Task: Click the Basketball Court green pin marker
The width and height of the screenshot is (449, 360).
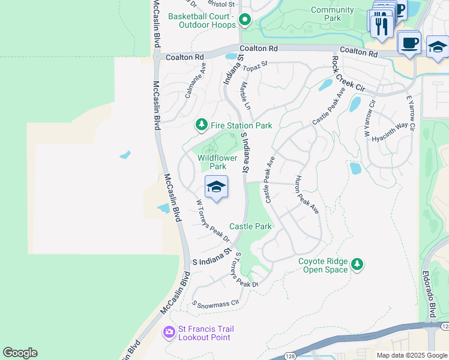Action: coord(245,20)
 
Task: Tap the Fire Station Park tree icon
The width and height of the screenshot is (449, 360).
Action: coord(202,125)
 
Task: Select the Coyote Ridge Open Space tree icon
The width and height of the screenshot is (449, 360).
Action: coord(357,264)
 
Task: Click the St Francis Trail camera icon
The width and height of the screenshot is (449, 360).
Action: coord(169,332)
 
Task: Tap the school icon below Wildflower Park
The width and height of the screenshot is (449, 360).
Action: coord(216,188)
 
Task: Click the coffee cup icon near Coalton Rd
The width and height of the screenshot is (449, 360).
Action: coord(409,43)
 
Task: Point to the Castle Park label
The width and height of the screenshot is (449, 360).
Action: coord(251,226)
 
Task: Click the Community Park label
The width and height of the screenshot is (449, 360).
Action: coord(333,14)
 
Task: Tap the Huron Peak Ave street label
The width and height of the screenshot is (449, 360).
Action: coord(306,194)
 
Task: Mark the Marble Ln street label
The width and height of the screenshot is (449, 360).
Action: coord(246,96)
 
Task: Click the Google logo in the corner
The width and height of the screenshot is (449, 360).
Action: coord(20,353)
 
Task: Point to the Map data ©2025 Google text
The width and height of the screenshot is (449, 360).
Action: coord(412,355)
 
